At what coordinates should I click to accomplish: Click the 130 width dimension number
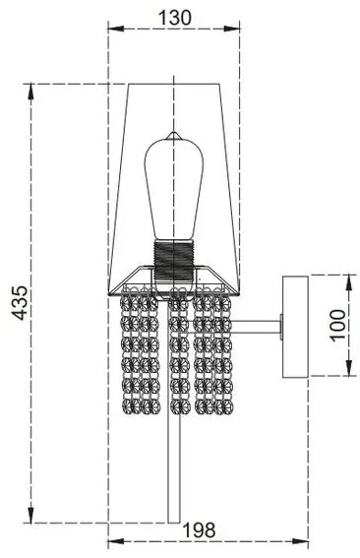(173, 17)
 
